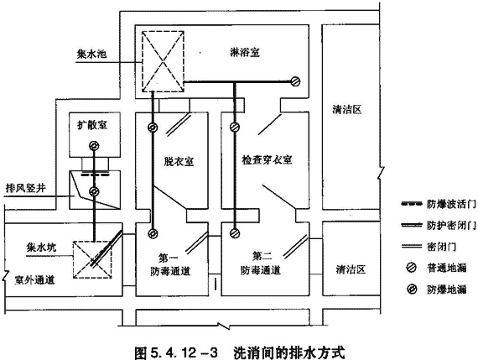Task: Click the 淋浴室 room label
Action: pyautogui.click(x=245, y=53)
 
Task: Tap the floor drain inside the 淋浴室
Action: pyautogui.click(x=295, y=81)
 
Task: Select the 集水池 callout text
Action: pyautogui.click(x=91, y=54)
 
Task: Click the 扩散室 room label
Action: pyautogui.click(x=92, y=125)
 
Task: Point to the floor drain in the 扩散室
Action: pyautogui.click(x=94, y=146)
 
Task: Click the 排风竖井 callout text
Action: pyautogui.click(x=26, y=188)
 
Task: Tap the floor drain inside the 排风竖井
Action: pyautogui.click(x=94, y=191)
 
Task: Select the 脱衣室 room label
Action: pyautogui.click(x=179, y=161)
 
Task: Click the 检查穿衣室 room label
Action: pyautogui.click(x=267, y=160)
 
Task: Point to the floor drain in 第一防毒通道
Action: pyautogui.click(x=153, y=233)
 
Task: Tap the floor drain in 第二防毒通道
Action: pyautogui.click(x=235, y=233)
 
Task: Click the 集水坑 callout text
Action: pyautogui.click(x=41, y=247)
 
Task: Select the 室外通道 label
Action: pyautogui.click(x=34, y=279)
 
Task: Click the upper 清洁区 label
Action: pyautogui.click(x=346, y=109)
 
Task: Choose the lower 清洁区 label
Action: pyautogui.click(x=351, y=269)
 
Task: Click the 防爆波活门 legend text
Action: pyautogui.click(x=451, y=204)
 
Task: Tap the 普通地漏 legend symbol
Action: pyautogui.click(x=412, y=268)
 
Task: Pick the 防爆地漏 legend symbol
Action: pyautogui.click(x=412, y=289)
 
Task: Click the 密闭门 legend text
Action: pyautogui.click(x=441, y=246)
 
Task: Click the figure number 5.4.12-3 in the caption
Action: pyautogui.click(x=184, y=352)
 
